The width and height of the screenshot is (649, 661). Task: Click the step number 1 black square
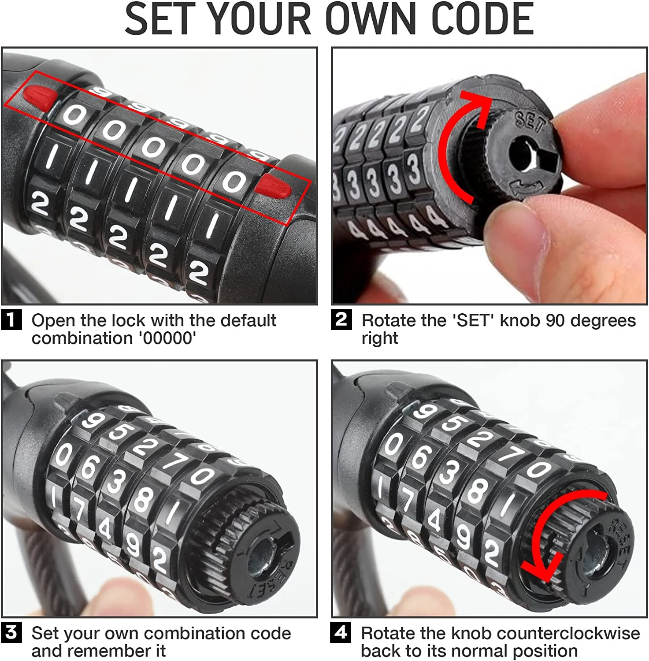pos(11,320)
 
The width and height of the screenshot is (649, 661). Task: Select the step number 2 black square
pos(341,320)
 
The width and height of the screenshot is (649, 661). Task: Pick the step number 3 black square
pos(11,633)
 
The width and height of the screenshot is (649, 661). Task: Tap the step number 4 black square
pos(341,633)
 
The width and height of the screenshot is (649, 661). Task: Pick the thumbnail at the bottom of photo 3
pos(112,597)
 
